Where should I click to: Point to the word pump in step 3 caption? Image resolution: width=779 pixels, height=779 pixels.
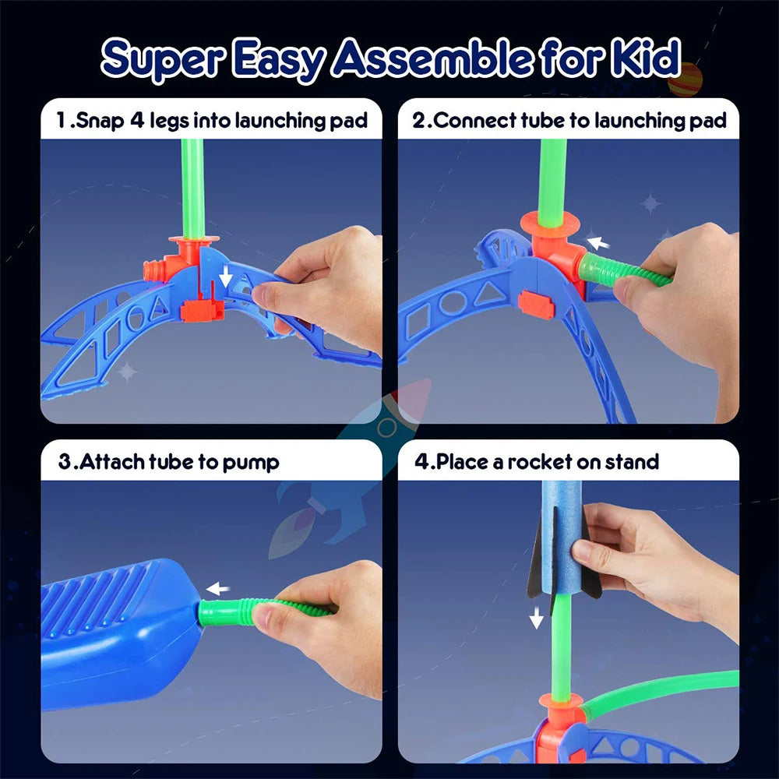pos(251,461)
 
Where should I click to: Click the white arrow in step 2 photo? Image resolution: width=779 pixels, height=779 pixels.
pos(597,243)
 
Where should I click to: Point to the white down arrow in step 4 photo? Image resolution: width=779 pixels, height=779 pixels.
pos(537,619)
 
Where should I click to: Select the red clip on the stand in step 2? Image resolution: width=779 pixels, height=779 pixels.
pos(536,305)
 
